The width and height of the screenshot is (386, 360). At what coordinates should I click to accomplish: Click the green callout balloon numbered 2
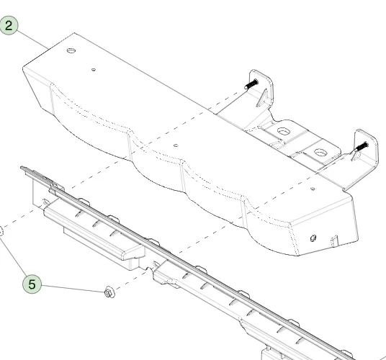(x=9, y=25)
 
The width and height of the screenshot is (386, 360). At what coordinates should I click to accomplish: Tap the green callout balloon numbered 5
(x=32, y=284)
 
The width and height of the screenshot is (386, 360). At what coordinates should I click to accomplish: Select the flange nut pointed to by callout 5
(x=109, y=292)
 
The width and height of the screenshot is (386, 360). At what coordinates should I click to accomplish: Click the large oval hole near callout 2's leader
(x=71, y=50)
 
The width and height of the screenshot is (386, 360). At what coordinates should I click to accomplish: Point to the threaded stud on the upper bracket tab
(x=251, y=84)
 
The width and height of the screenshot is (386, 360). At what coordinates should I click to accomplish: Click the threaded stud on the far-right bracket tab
(x=361, y=147)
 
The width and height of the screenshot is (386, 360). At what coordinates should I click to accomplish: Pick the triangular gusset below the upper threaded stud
(x=262, y=98)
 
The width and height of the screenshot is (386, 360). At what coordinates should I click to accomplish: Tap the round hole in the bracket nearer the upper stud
(x=284, y=131)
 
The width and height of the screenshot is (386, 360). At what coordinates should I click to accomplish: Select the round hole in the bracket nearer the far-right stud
(x=320, y=153)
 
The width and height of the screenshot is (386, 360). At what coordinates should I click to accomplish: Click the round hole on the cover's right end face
(x=313, y=238)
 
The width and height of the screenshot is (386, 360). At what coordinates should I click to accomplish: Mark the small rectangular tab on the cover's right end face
(x=335, y=240)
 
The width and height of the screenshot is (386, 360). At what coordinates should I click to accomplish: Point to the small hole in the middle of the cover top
(x=176, y=145)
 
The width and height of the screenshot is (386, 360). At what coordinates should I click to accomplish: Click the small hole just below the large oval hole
(x=94, y=70)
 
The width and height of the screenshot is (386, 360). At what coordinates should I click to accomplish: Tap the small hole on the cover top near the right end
(x=313, y=189)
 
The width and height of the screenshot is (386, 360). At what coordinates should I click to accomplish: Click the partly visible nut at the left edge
(x=1, y=232)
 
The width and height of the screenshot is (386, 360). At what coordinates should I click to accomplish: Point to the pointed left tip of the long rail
(x=22, y=168)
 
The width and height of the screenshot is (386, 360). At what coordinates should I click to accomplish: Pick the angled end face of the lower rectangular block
(x=133, y=251)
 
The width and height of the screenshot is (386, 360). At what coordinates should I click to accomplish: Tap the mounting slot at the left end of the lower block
(x=46, y=202)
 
